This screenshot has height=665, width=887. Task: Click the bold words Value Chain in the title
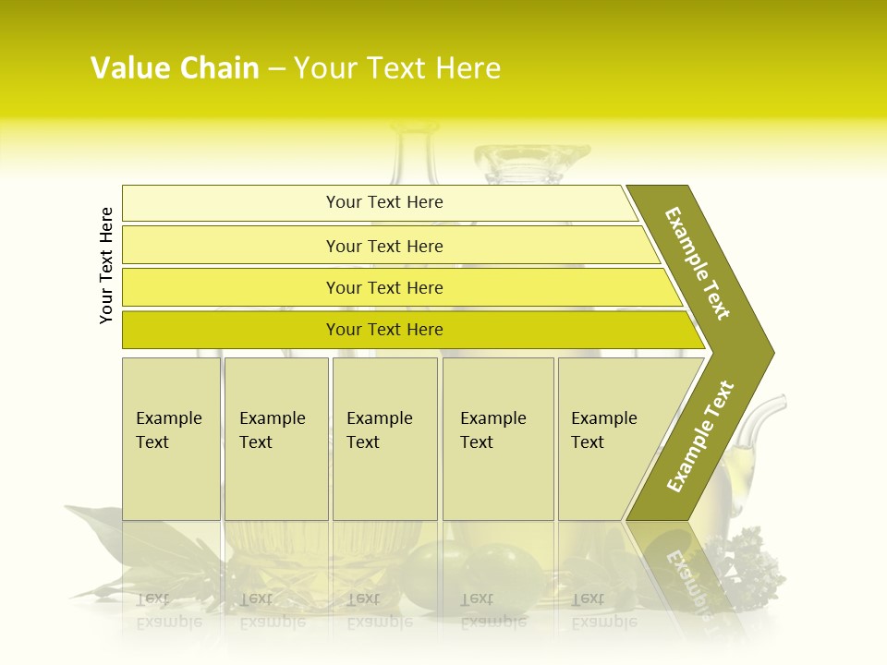click(x=175, y=68)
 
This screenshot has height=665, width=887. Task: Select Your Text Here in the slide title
click(x=397, y=68)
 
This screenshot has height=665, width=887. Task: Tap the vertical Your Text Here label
click(x=106, y=265)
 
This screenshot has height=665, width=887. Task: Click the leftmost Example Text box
click(x=171, y=439)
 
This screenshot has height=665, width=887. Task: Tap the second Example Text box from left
click(x=275, y=439)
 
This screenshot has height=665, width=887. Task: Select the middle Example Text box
click(x=384, y=439)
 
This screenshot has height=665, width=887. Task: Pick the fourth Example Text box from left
click(x=497, y=439)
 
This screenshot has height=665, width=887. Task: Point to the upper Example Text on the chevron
click(x=698, y=263)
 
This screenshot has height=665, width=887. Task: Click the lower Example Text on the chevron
click(x=700, y=436)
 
